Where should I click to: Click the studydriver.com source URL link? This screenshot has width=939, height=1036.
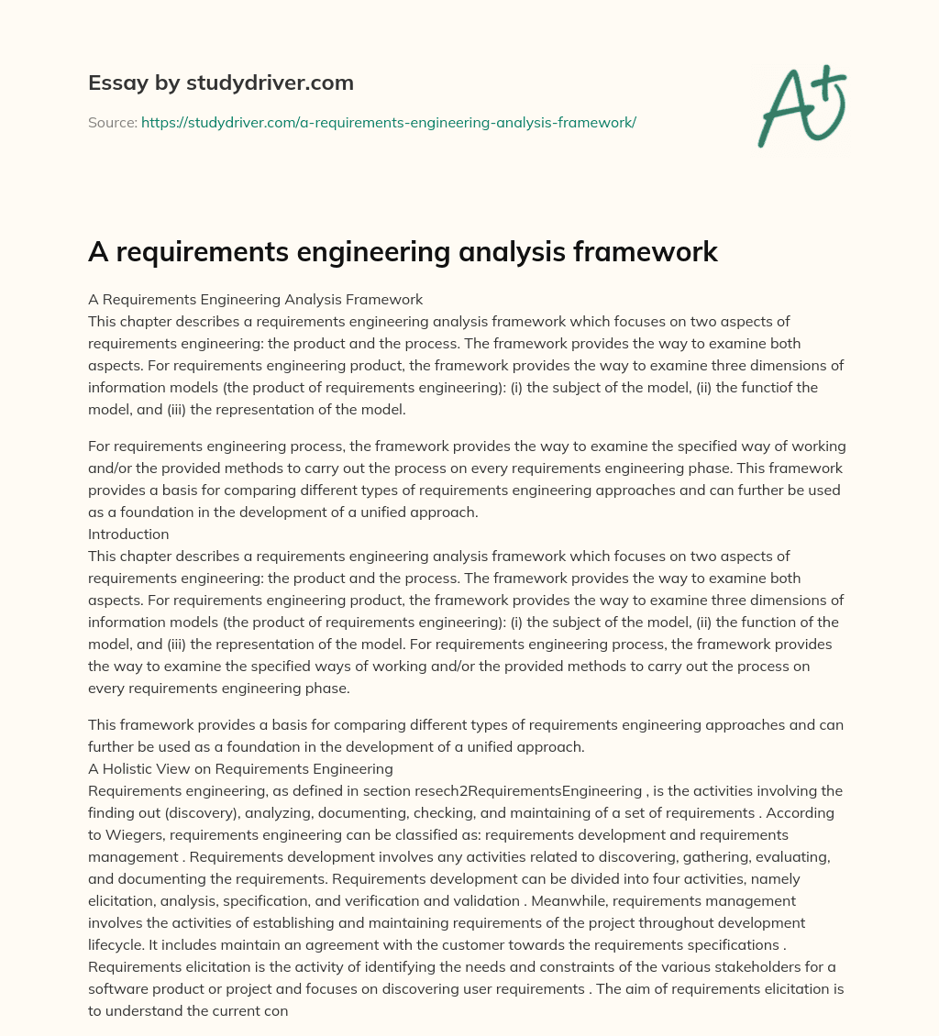click(389, 122)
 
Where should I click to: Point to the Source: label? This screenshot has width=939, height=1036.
click(112, 122)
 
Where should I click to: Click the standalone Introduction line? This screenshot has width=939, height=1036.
click(128, 534)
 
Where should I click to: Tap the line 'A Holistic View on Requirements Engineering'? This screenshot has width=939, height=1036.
click(240, 768)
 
